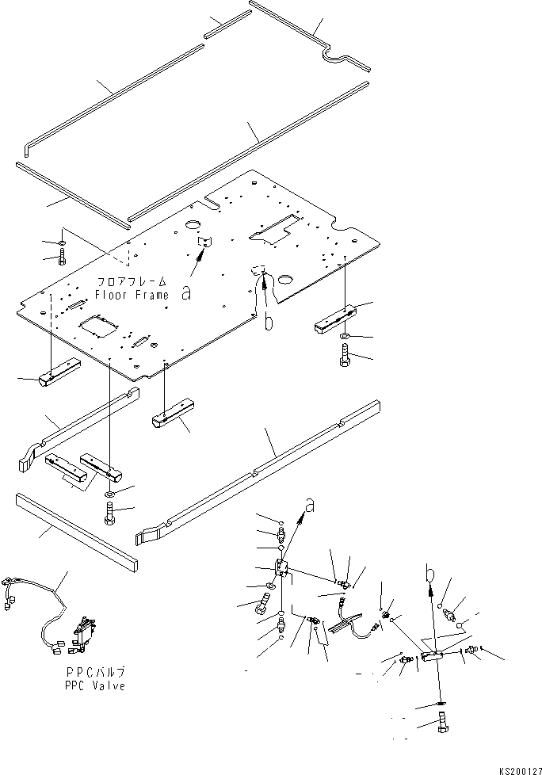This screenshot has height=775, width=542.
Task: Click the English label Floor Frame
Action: pyautogui.click(x=132, y=295)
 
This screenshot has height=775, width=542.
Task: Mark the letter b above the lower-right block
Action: pyautogui.click(x=429, y=571)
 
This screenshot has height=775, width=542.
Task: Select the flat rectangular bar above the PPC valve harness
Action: pyautogui.click(x=76, y=529)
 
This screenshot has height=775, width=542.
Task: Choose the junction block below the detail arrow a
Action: pyautogui.click(x=283, y=567)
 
